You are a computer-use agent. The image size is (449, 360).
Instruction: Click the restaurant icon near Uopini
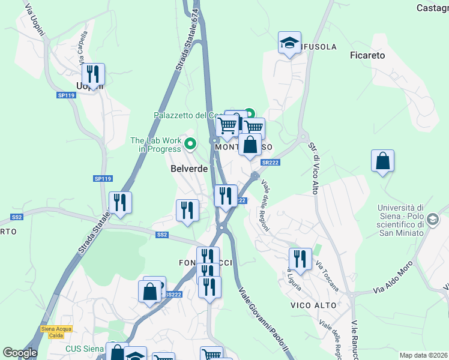(x=93, y=74)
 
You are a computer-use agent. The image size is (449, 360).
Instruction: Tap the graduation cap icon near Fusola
(x=289, y=43)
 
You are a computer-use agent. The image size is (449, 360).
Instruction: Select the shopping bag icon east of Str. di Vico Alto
(x=382, y=161)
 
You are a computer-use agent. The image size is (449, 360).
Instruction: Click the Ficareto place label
(x=367, y=55)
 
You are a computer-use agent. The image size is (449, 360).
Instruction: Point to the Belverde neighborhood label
(x=188, y=169)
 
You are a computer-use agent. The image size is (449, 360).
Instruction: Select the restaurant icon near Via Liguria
(x=300, y=259)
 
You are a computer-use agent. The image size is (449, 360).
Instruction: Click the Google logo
(x=20, y=353)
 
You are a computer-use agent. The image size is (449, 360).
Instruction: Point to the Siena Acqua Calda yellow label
(x=56, y=331)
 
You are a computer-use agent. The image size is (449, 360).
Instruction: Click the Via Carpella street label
(x=83, y=49)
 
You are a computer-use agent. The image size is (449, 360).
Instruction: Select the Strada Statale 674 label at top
(x=187, y=41)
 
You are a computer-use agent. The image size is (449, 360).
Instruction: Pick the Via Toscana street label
(x=328, y=276)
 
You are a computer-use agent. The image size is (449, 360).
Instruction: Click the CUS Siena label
(x=85, y=349)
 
